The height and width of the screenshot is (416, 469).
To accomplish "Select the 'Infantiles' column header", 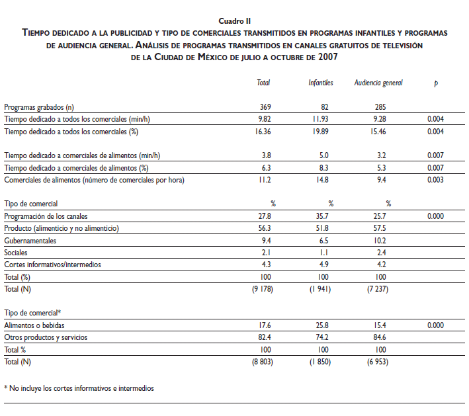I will (x=320, y=83).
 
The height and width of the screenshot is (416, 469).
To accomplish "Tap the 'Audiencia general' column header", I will (x=378, y=83).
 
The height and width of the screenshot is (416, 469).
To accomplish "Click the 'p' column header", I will (x=435, y=83).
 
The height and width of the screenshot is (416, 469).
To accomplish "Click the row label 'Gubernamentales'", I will (x=30, y=241).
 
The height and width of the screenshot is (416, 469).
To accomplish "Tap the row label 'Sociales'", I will (x=17, y=253).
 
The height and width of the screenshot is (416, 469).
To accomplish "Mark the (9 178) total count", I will (x=263, y=289).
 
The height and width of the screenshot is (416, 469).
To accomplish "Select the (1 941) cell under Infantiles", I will (x=320, y=289).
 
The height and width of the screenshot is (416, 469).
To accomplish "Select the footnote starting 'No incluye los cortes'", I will (x=79, y=388).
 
